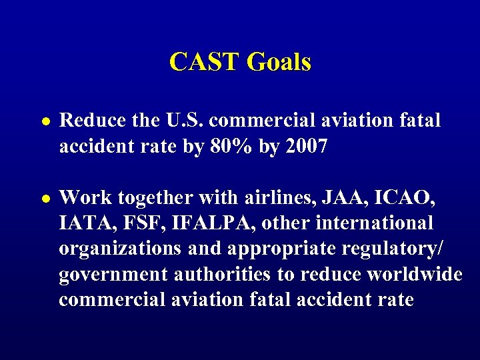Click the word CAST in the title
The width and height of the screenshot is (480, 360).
pos(205,62)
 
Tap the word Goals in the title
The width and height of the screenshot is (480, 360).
pos(279,62)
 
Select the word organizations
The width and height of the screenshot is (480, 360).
pos(118,248)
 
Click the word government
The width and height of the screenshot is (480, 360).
pos(112,273)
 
